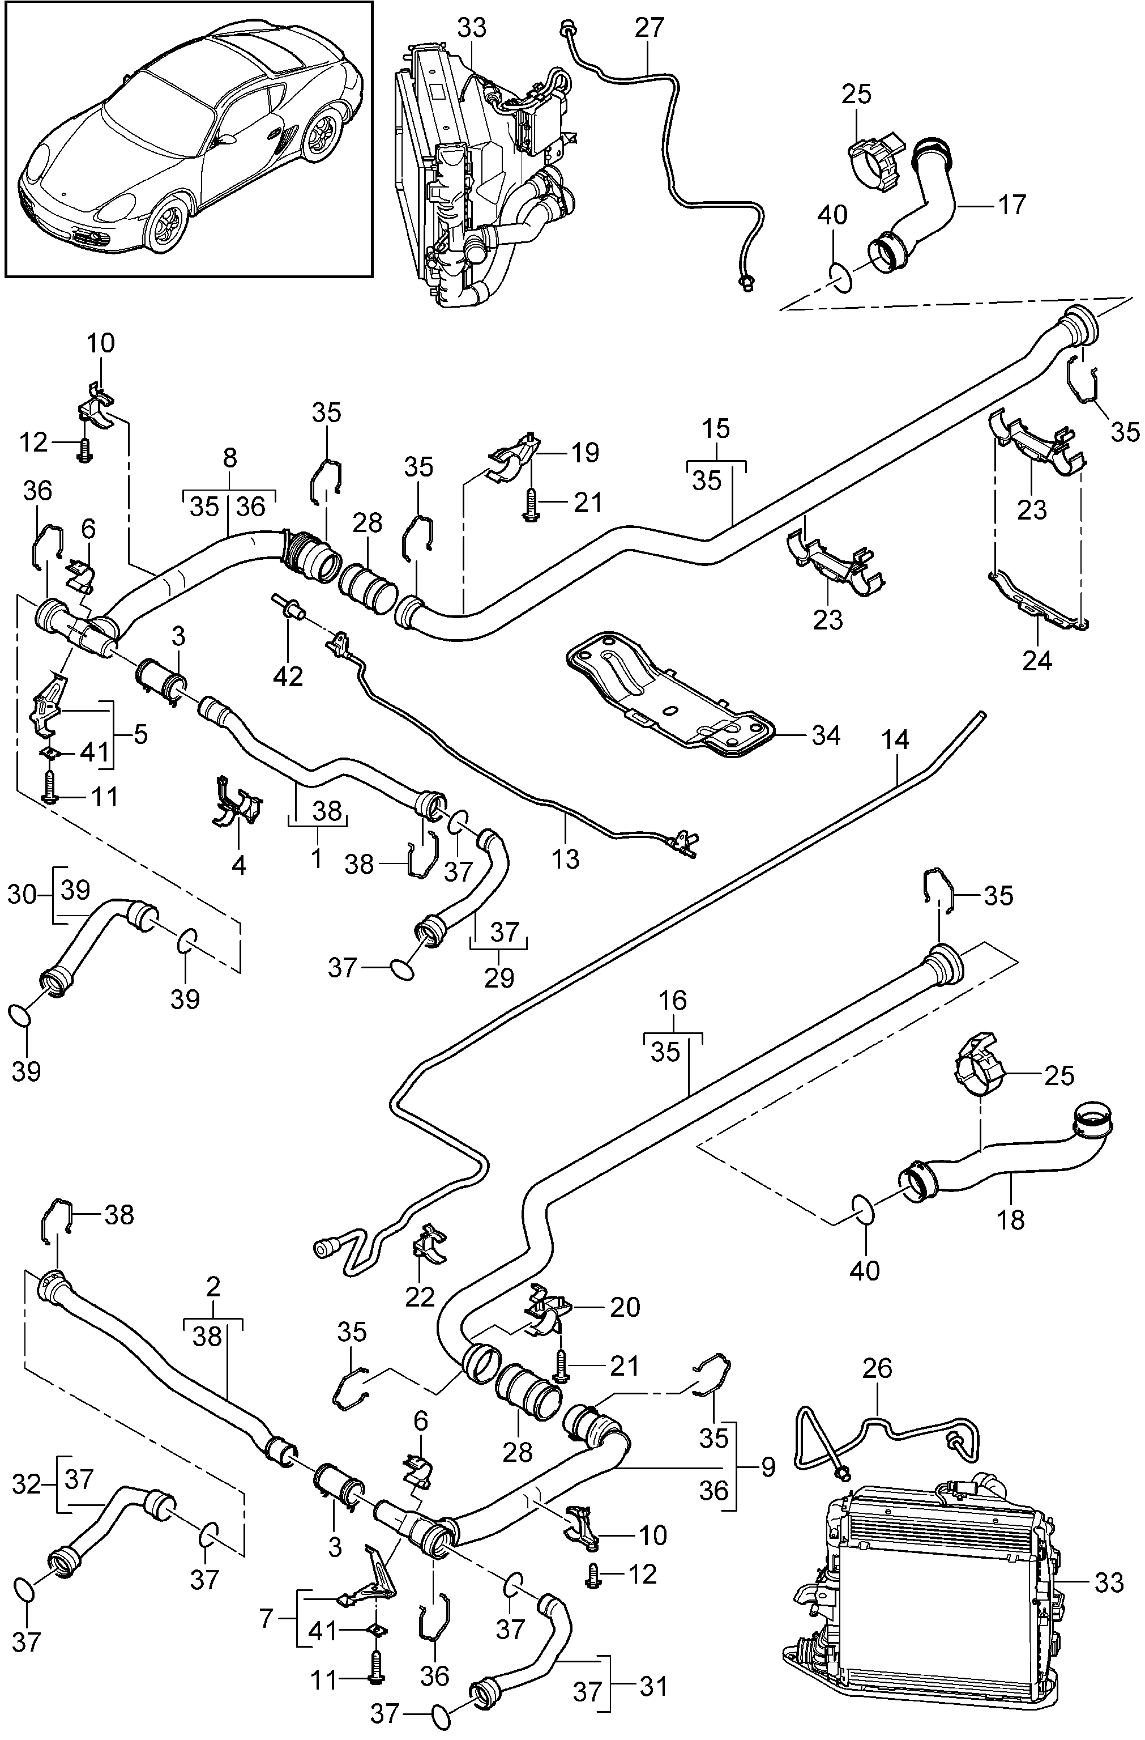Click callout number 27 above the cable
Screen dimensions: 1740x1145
pyautogui.click(x=649, y=28)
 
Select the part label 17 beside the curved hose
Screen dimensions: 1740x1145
pyautogui.click(x=1012, y=204)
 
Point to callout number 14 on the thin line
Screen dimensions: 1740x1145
pyautogui.click(x=895, y=740)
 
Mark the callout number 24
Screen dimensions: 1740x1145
pyautogui.click(x=1037, y=660)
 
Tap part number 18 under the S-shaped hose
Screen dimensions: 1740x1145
pyautogui.click(x=1011, y=1219)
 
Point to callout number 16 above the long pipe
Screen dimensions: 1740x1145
pyautogui.click(x=672, y=1000)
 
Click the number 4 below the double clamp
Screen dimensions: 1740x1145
pyautogui.click(x=239, y=866)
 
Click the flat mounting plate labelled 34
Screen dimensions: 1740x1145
pyautogui.click(x=672, y=691)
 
